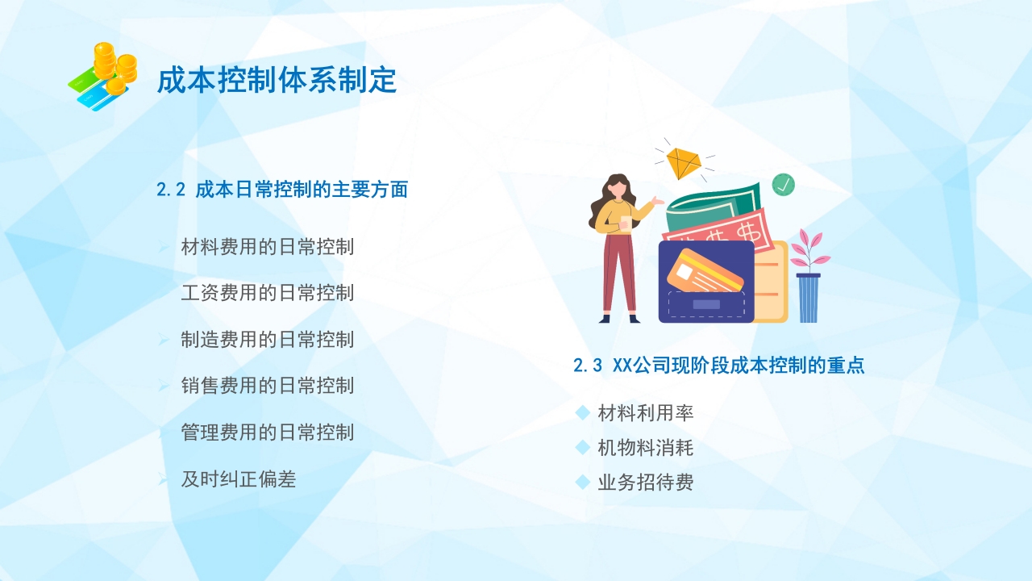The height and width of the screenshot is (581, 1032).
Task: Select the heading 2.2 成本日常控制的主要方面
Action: (282, 190)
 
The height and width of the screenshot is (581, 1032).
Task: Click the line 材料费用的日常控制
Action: (268, 247)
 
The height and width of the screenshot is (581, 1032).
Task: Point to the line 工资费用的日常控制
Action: (268, 292)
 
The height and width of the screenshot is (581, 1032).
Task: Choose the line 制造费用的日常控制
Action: (268, 339)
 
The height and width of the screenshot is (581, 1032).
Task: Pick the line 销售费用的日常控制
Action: (268, 386)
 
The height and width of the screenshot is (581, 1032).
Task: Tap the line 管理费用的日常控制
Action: (268, 433)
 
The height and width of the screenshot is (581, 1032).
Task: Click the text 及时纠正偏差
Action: (239, 479)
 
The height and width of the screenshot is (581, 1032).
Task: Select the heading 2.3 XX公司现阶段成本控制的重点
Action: (718, 366)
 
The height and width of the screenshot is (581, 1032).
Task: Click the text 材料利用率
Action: (645, 413)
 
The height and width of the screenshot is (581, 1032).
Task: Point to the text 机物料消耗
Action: (645, 448)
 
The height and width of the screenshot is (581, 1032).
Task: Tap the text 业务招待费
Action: (645, 483)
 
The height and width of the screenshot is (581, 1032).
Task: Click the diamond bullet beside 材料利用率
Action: (583, 413)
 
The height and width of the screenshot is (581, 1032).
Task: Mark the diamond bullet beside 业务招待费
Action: (583, 483)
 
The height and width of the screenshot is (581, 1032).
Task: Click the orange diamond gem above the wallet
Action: (684, 163)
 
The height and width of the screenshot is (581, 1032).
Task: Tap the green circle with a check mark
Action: (783, 185)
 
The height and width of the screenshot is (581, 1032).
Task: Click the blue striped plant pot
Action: (808, 299)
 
